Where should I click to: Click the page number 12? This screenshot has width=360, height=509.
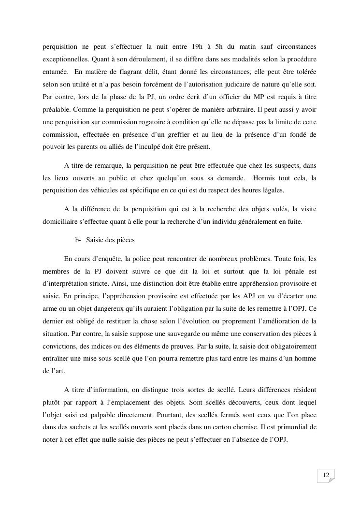point(326,476)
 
